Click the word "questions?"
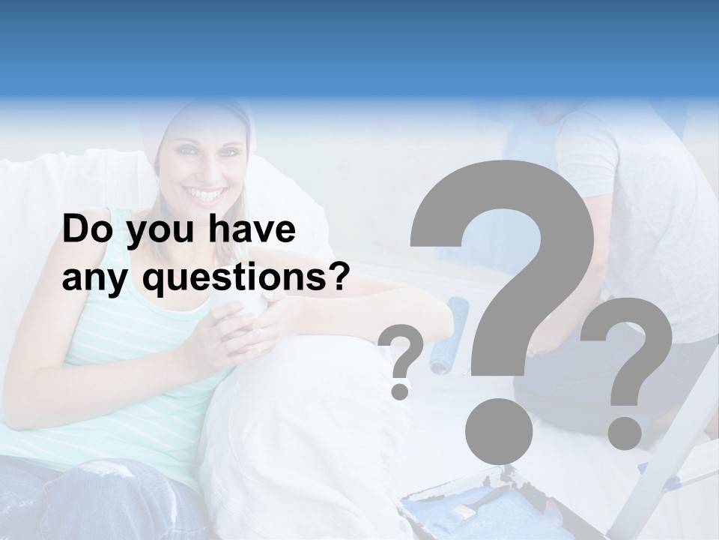246,280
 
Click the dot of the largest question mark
498,430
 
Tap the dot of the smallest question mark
400,391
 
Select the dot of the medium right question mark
625,433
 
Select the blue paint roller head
449,334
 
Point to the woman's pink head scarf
198,120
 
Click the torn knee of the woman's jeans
105,472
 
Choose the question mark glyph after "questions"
339,278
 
